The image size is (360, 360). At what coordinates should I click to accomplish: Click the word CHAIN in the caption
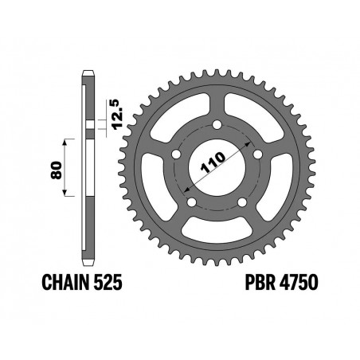[x=65, y=282]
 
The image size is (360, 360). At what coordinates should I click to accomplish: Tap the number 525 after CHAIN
[x=108, y=282]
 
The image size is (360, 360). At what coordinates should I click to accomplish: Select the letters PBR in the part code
[x=260, y=282]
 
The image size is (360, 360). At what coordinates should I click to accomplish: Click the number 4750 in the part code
[x=299, y=282]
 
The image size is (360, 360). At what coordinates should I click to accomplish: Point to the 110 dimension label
[x=213, y=162]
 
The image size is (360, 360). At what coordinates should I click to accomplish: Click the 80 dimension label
[x=57, y=170]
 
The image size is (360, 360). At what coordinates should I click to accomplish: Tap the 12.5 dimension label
[x=117, y=115]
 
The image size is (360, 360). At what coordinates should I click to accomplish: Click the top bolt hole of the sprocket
[x=217, y=124]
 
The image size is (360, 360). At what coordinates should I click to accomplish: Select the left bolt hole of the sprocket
[x=176, y=154]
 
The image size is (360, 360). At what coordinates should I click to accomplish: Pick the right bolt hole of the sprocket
[x=258, y=154]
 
